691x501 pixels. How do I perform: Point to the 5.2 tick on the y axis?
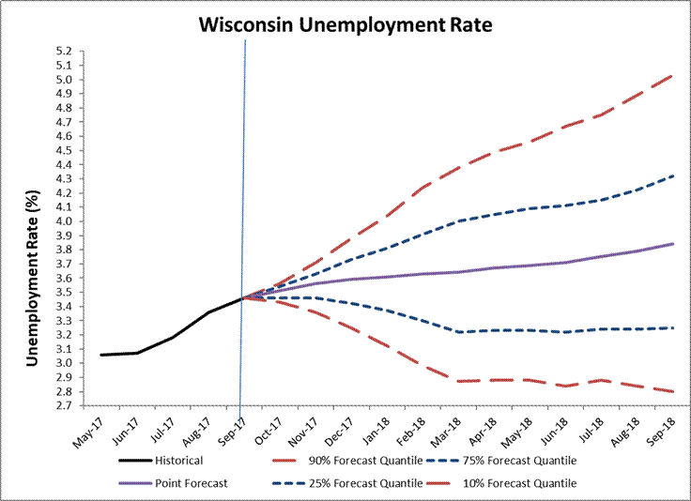pyautogui.click(x=64, y=51)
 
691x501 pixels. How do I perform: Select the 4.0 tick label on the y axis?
pyautogui.click(x=64, y=221)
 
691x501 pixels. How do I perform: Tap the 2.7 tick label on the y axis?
pyautogui.click(x=64, y=406)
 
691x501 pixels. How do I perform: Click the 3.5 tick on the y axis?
pyautogui.click(x=64, y=293)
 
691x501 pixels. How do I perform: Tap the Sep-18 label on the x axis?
pyautogui.click(x=670, y=428)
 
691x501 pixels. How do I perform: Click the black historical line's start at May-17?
pyautogui.click(x=100, y=355)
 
